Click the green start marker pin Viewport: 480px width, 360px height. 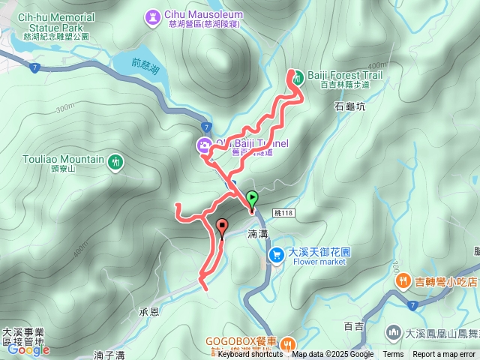pyautogui.click(x=252, y=199)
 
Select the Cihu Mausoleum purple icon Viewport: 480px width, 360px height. pyautogui.click(x=153, y=15)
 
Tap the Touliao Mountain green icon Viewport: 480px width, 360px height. pyautogui.click(x=115, y=161)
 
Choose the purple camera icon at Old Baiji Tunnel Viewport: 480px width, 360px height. pyautogui.click(x=203, y=146)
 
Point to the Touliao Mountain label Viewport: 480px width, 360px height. pyautogui.click(x=63, y=160)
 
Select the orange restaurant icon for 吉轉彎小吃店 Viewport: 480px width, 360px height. pyautogui.click(x=403, y=281)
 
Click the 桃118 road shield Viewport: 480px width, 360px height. pyautogui.click(x=283, y=213)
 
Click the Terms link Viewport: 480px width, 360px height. pyautogui.click(x=393, y=355)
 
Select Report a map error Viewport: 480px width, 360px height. pyautogui.click(x=444, y=355)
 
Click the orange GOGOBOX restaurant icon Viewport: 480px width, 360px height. pyautogui.click(x=288, y=344)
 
